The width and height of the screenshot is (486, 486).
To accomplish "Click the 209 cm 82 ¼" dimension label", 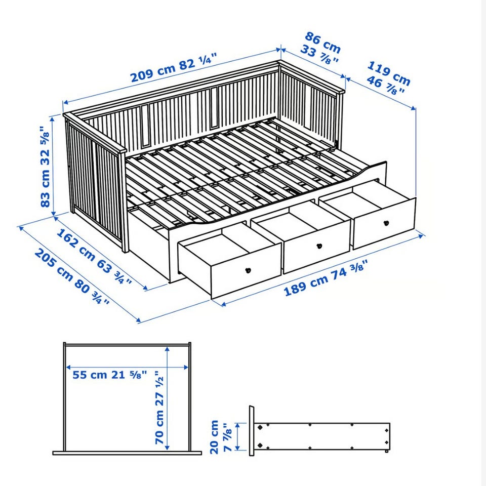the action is click(x=173, y=67).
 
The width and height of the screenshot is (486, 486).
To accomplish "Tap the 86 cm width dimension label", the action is click(x=322, y=47).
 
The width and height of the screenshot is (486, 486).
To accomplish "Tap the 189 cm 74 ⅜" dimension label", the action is click(x=326, y=277).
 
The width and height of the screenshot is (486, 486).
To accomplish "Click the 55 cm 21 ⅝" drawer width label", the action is click(x=109, y=375).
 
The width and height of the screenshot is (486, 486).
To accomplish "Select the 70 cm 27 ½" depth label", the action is click(x=159, y=407).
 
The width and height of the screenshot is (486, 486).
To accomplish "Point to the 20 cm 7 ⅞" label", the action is click(x=220, y=437).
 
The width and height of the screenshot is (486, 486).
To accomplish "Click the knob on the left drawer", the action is click(x=248, y=270).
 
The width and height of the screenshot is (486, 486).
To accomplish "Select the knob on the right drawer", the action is click(x=386, y=223).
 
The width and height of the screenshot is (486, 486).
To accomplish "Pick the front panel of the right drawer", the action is click(x=384, y=223).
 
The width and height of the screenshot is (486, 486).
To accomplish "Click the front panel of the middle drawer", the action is click(x=317, y=247).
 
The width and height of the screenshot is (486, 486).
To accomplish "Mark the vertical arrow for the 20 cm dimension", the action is click(x=238, y=437).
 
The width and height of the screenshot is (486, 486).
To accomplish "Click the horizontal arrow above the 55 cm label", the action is click(x=128, y=368).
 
